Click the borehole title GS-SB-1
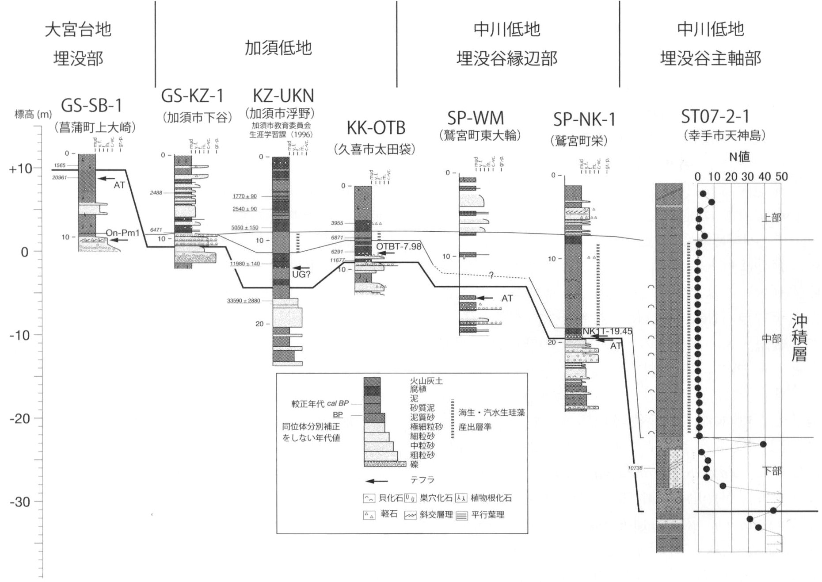click(x=91, y=106)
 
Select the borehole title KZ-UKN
click(x=283, y=96)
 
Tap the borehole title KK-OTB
click(x=376, y=128)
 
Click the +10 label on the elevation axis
click(x=20, y=169)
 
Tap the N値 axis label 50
click(x=781, y=177)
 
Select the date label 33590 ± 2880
click(x=244, y=301)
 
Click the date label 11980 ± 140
click(x=245, y=264)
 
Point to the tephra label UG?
click(x=301, y=275)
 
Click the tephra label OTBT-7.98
click(x=399, y=246)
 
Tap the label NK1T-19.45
click(x=607, y=331)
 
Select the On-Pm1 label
click(x=122, y=233)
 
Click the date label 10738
click(x=635, y=468)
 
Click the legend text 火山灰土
click(x=426, y=381)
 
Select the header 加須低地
click(x=278, y=48)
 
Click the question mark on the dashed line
click(x=491, y=276)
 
